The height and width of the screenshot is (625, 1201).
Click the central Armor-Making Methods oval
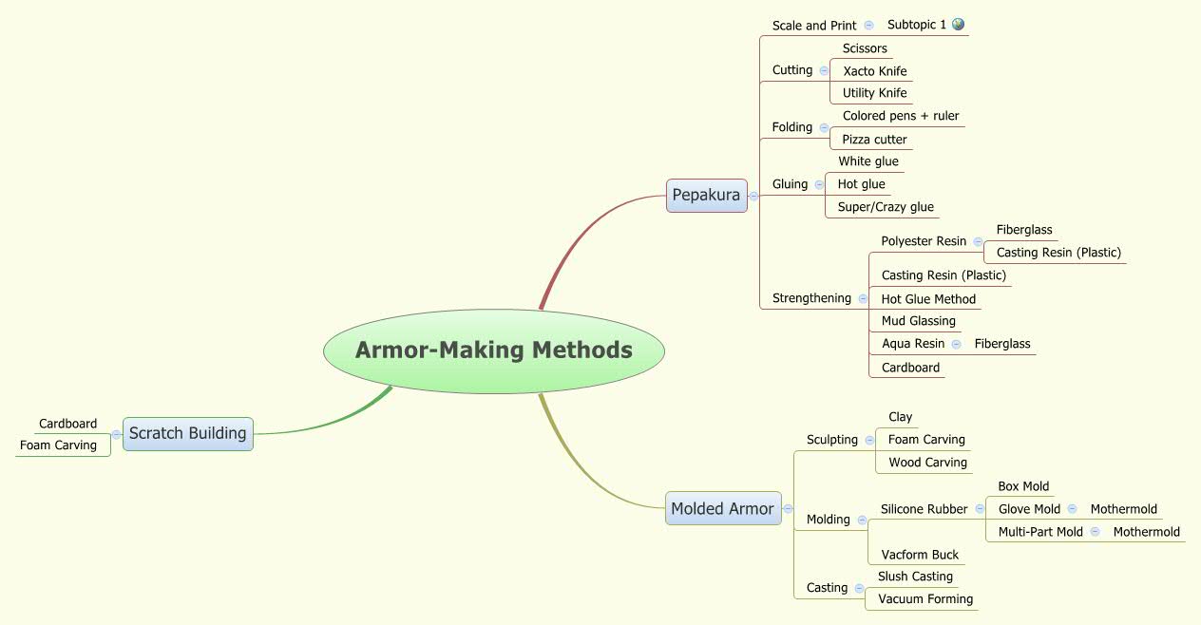coord(493,350)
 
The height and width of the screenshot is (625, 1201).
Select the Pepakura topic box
coord(706,195)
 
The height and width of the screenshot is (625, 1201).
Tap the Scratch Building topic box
coord(187,433)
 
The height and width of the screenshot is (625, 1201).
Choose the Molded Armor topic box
coord(722,508)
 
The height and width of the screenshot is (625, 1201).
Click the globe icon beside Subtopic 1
coord(958,25)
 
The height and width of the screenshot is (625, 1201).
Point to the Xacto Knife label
coord(874,71)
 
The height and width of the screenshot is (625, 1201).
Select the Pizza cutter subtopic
coord(874,140)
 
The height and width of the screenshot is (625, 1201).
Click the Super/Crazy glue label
coord(886,207)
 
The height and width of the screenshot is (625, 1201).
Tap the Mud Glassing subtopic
coord(918,321)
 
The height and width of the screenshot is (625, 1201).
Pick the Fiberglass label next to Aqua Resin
coord(1001,344)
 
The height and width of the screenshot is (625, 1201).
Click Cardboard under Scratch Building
coord(67,424)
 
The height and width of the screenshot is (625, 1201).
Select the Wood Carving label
coord(927,463)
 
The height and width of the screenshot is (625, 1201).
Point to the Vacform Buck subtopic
coord(919,555)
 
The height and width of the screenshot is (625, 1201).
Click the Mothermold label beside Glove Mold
coord(1123,509)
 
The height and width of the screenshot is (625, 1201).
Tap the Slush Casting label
coord(914,577)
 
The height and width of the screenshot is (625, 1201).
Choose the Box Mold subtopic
coord(1023,486)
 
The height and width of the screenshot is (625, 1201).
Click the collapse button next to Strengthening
coord(863,298)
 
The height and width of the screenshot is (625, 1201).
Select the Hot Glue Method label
coord(928,299)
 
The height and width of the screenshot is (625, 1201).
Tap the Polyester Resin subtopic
coord(924,241)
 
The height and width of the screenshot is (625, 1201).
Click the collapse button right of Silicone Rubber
coord(979,509)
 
